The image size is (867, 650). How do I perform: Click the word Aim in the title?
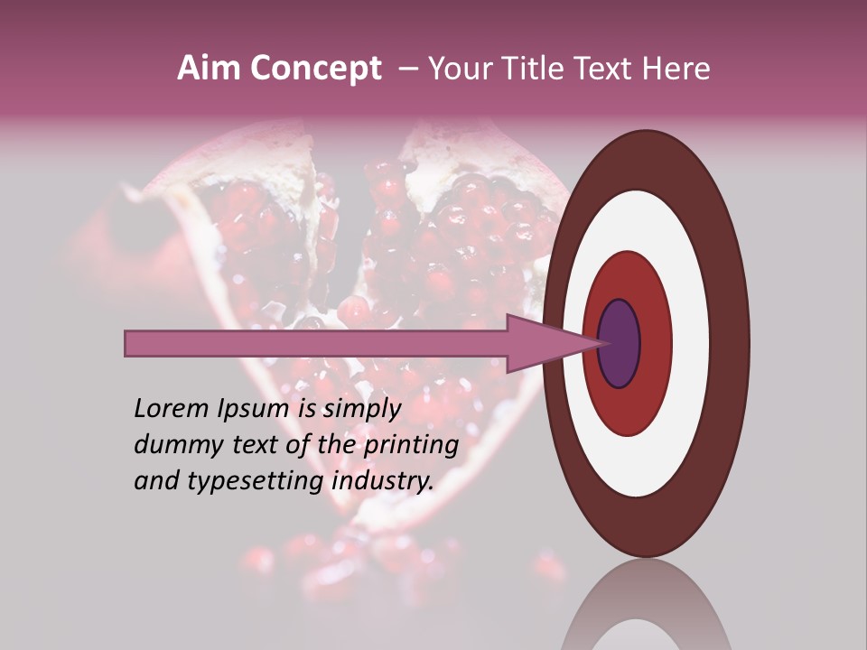207,69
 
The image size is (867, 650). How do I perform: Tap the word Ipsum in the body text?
255,410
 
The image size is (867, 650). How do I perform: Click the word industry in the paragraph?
383,481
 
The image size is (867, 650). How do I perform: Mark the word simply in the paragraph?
363,410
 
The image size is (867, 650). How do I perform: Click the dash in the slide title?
407,70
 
